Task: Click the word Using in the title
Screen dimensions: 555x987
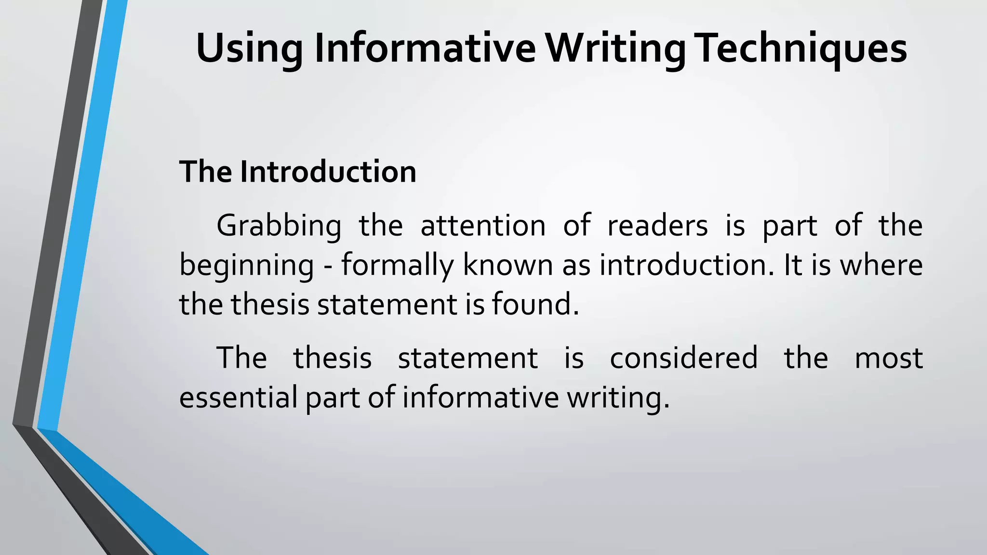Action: [249, 49]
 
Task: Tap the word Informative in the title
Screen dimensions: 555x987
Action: [425, 48]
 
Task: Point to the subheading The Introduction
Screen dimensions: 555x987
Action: [297, 172]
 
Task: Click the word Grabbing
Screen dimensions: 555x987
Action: [279, 225]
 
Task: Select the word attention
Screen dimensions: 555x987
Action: [483, 225]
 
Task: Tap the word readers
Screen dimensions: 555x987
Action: [657, 225]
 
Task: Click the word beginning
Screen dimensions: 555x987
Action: [246, 266]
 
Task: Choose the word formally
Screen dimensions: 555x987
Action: [398, 266]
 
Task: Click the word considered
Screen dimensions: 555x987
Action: [683, 358]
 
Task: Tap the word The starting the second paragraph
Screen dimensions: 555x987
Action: [241, 358]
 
